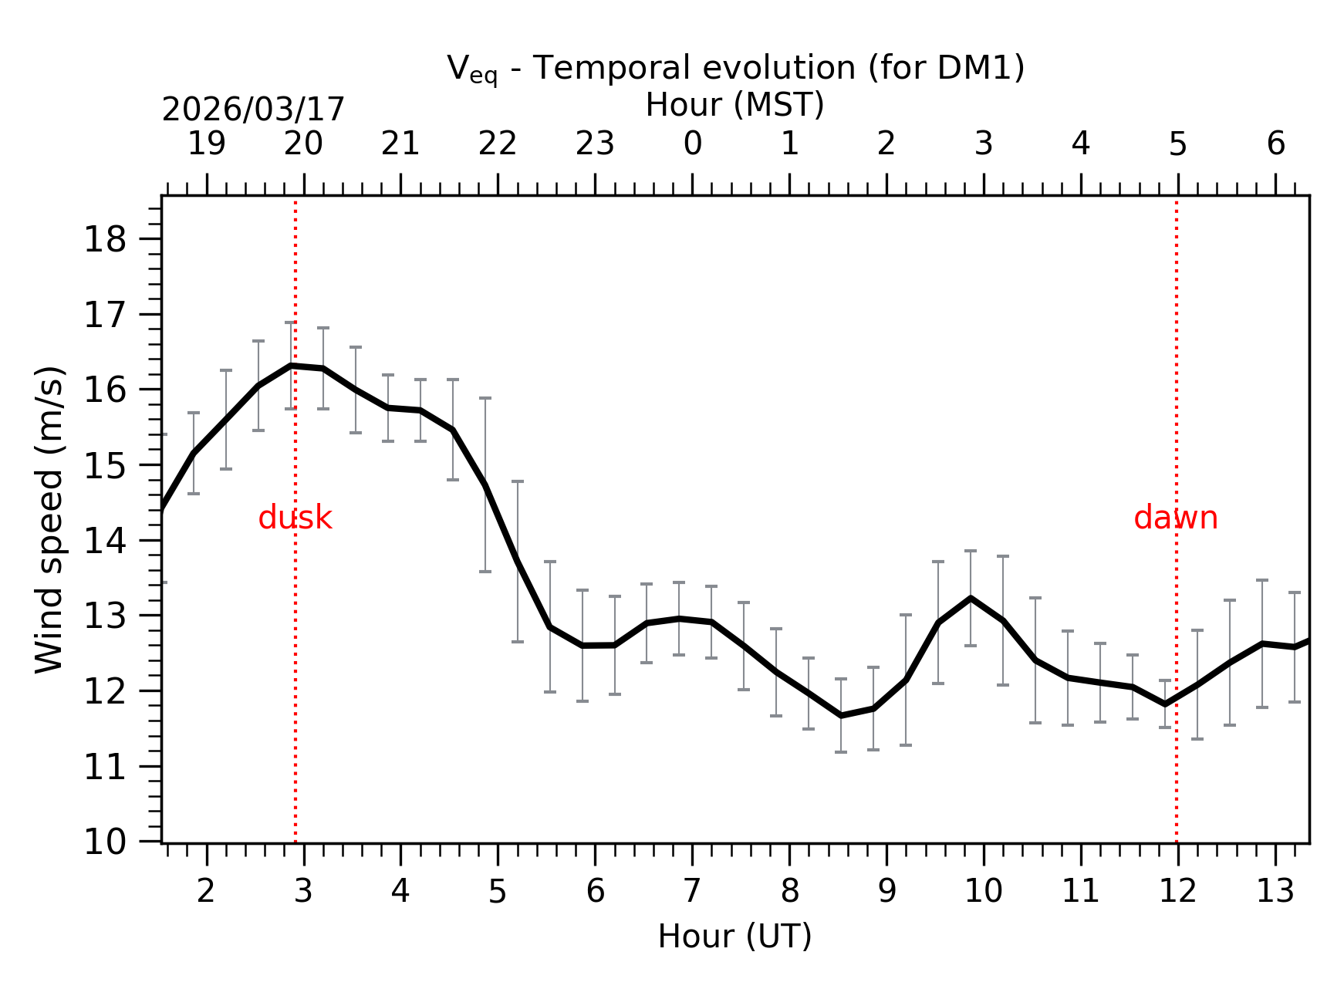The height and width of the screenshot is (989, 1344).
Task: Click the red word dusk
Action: pyautogui.click(x=295, y=518)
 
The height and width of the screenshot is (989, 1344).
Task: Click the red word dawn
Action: pyautogui.click(x=1175, y=518)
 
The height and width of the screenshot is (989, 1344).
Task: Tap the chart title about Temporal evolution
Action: pyautogui.click(x=735, y=69)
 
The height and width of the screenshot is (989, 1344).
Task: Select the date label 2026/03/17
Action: pyautogui.click(x=253, y=110)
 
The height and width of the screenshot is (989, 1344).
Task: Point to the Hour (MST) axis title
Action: pyautogui.click(x=734, y=106)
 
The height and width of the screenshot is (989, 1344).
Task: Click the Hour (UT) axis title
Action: pyautogui.click(x=734, y=937)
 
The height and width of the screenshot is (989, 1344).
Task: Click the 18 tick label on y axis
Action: pyautogui.click(x=104, y=241)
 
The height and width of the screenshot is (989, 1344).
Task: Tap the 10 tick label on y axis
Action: pyautogui.click(x=104, y=842)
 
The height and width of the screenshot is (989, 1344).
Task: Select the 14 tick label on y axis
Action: pyautogui.click(x=104, y=542)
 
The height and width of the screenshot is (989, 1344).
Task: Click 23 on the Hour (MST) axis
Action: pyautogui.click(x=595, y=144)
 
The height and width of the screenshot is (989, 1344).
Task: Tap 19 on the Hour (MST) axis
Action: pyautogui.click(x=207, y=144)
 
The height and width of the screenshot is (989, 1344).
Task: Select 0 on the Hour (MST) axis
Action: pyautogui.click(x=692, y=144)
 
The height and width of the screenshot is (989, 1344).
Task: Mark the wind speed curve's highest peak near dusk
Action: pyautogui.click(x=291, y=366)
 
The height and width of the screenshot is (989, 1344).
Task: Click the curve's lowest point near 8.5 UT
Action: pyautogui.click(x=841, y=716)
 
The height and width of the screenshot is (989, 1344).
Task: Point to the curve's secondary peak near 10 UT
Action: pyautogui.click(x=971, y=598)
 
